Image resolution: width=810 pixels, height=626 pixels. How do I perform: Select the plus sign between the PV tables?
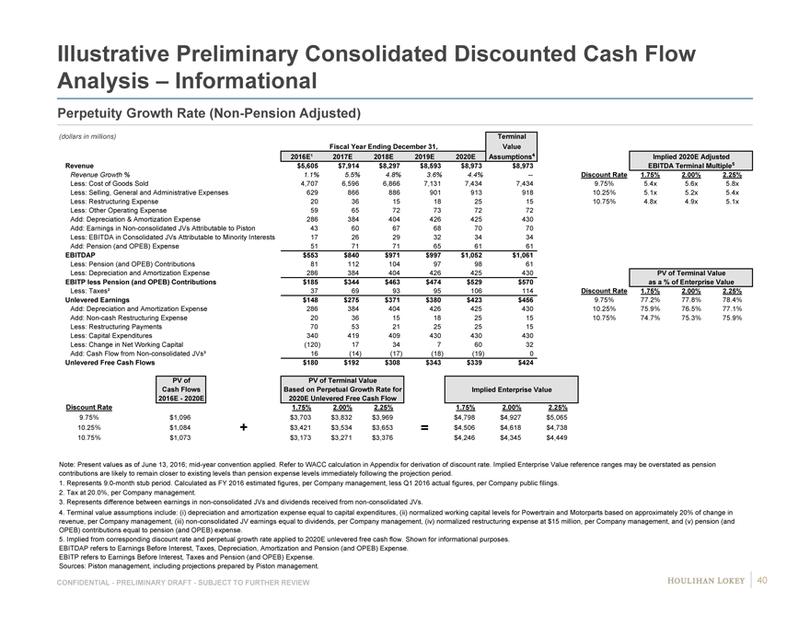coord(242,428)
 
